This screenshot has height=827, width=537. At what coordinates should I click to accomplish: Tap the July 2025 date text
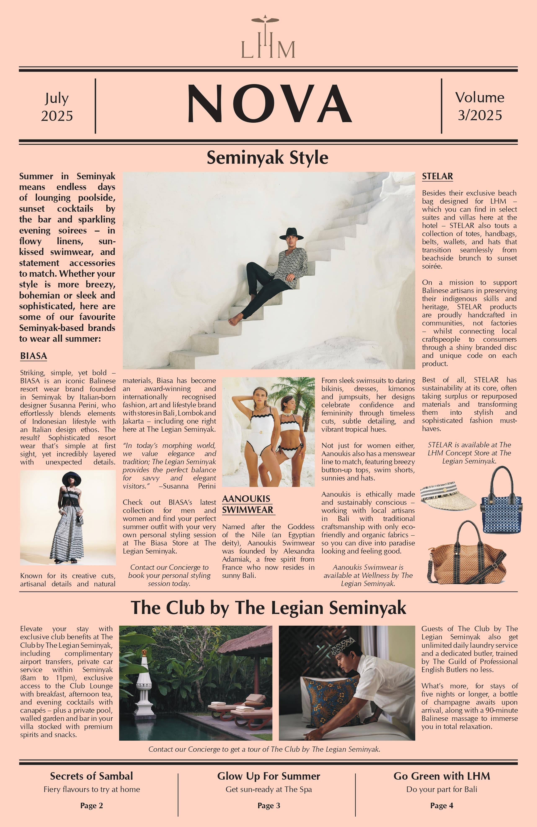coord(57,107)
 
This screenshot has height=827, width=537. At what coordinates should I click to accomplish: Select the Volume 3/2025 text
coord(479,106)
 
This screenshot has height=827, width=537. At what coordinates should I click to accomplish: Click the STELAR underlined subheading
coord(437,176)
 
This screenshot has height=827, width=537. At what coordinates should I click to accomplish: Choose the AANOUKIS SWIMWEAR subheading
coord(248,504)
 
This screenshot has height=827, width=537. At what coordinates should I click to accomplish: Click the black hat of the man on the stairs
coord(291,234)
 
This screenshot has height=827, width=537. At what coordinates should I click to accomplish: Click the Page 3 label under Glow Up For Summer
coord(268,805)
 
